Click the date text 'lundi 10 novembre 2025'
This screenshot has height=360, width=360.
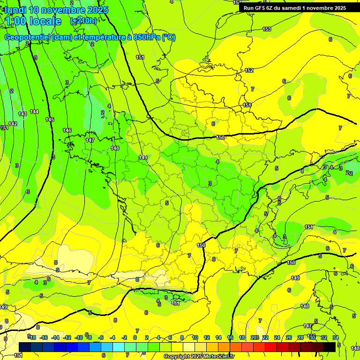pyautogui.click(x=56, y=10)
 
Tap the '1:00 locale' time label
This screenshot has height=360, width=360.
pyautogui.click(x=33, y=21)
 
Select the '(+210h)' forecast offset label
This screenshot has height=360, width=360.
pyautogui.click(x=83, y=21)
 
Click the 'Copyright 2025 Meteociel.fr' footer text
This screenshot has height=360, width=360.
pyautogui.click(x=199, y=357)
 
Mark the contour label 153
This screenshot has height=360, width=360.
pyautogui.click(x=267, y=29)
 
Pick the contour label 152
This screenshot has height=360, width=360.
pyautogui.click(x=249, y=70)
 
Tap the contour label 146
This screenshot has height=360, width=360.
pyautogui.click(x=67, y=130)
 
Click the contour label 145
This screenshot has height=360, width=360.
pyautogui.click(x=50, y=120)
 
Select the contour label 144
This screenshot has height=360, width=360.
pyautogui.click(x=34, y=112)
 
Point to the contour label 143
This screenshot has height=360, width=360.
pyautogui.click(x=22, y=114)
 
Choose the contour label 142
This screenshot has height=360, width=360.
pyautogui.click(x=13, y=124)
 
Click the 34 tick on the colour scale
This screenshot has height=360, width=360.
pyautogui.click(x=336, y=337)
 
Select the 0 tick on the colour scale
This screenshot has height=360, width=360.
pyautogui.click(x=135, y=337)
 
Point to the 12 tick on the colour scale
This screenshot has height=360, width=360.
pyautogui.click(x=207, y=337)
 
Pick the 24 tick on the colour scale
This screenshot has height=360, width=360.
pyautogui.click(x=277, y=337)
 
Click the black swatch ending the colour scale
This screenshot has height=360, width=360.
pyautogui.click(x=330, y=346)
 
